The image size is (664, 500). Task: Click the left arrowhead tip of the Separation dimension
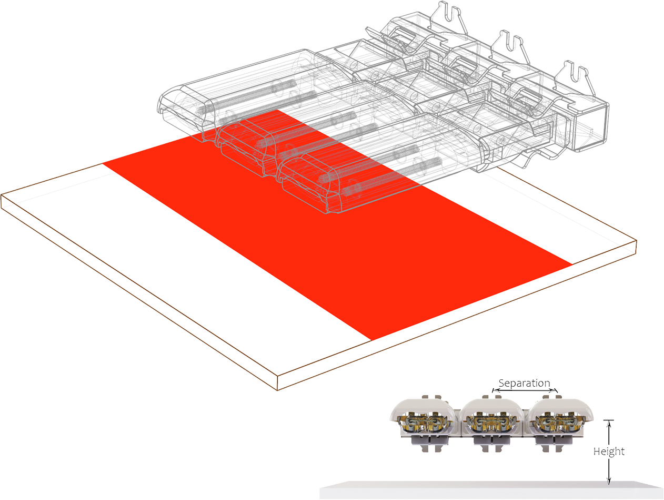point(492,390)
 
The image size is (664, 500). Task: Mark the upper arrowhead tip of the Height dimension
point(609,420)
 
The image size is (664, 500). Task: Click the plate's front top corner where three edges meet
point(277,376)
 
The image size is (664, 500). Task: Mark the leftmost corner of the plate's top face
point(1,195)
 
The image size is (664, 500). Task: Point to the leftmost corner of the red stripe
point(103,164)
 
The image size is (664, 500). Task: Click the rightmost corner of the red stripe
point(572,264)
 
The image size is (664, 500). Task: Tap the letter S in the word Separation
point(501,383)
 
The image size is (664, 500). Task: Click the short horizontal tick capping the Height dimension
point(609,420)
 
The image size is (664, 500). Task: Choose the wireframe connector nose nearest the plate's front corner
point(306,185)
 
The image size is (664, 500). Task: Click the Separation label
point(524,384)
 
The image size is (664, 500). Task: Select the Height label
point(609,452)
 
